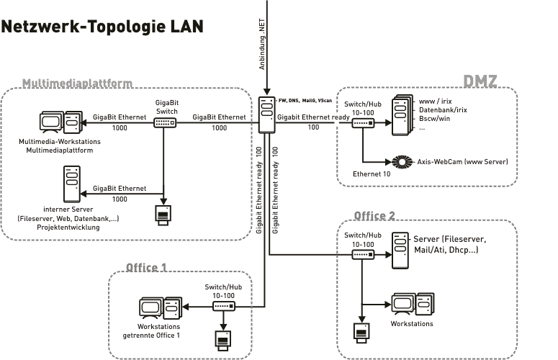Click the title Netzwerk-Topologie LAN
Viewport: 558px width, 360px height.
(102, 27)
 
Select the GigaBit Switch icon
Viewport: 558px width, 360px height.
(165, 123)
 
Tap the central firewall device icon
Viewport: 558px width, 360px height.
(267, 115)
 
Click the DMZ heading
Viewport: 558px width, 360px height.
(480, 81)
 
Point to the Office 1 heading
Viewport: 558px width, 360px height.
(147, 268)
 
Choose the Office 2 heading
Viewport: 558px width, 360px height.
(374, 215)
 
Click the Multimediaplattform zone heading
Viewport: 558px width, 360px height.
(77, 84)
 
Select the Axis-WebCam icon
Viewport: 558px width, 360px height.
(402, 161)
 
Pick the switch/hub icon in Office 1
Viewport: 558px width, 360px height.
(223, 306)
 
